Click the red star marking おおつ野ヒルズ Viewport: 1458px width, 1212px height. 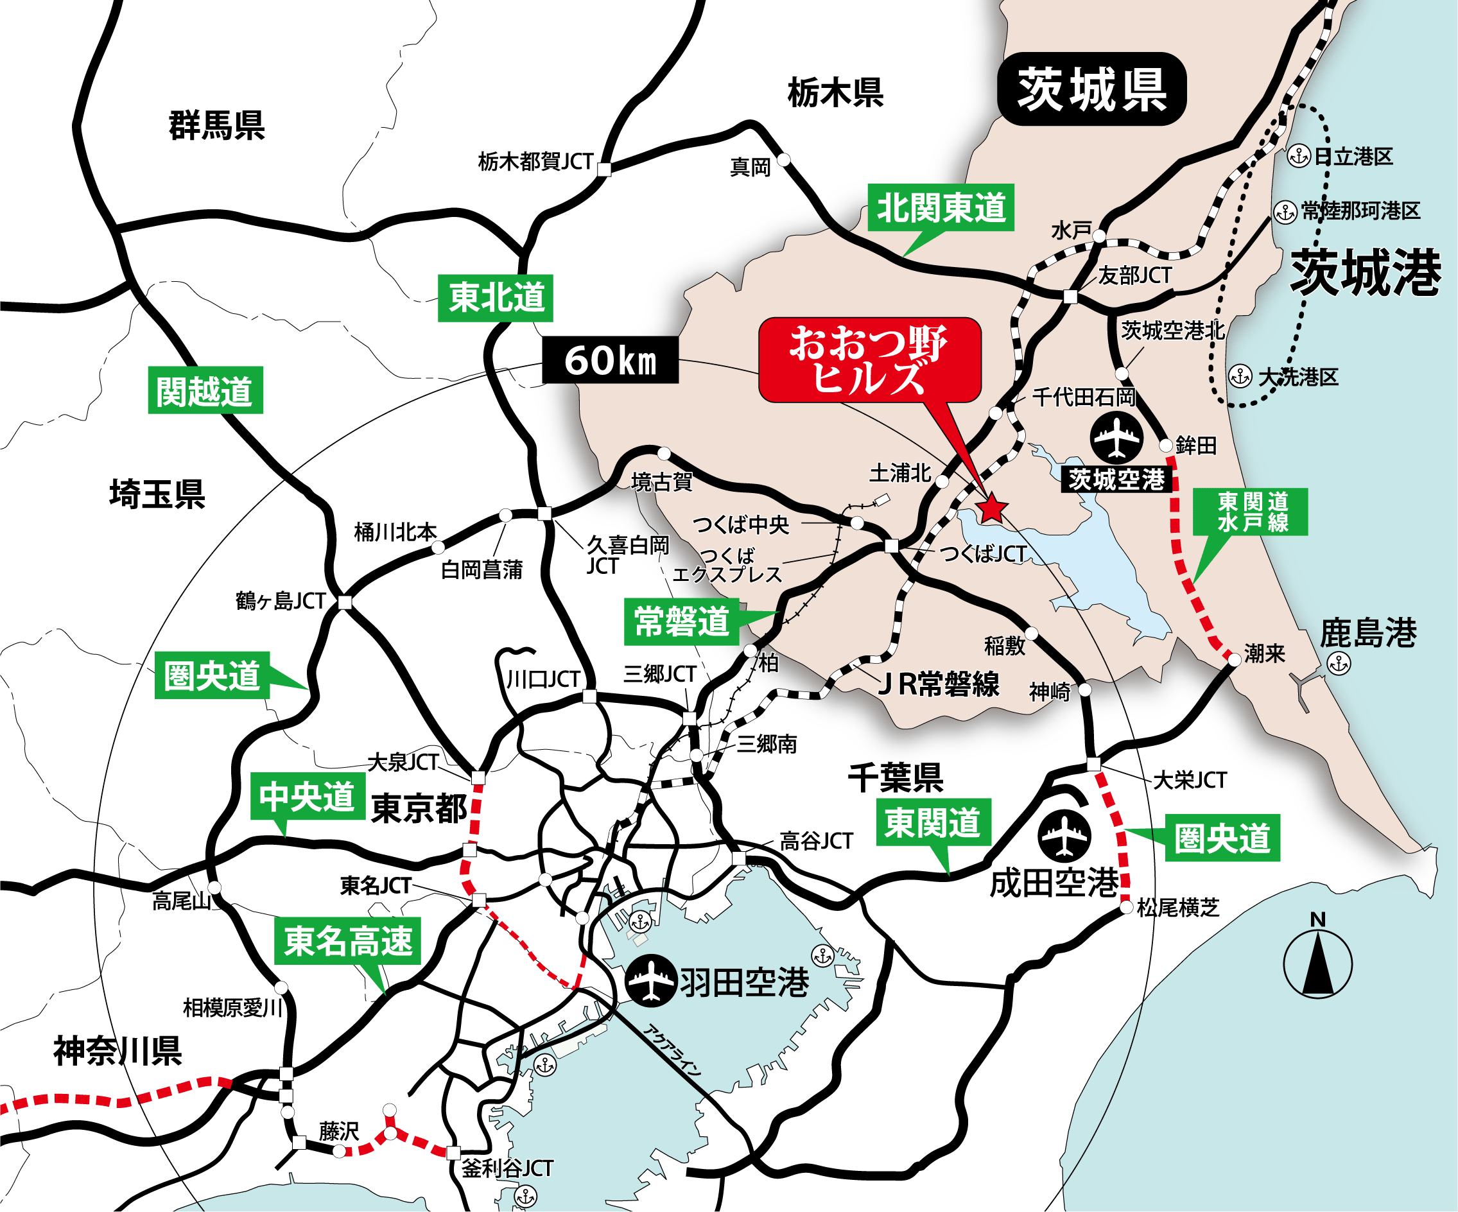[x=992, y=509]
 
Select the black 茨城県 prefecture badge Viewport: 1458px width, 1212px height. [x=1091, y=89]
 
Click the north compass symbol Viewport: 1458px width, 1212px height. [x=1317, y=964]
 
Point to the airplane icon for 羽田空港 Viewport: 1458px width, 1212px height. [x=650, y=980]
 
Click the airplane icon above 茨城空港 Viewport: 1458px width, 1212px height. [x=1116, y=437]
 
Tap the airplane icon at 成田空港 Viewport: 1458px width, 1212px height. [x=1064, y=836]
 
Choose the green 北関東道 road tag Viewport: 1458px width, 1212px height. [x=941, y=207]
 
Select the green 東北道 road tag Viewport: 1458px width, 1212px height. [x=496, y=298]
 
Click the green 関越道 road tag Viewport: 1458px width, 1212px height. [x=205, y=390]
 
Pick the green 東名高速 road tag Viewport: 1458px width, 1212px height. [x=347, y=940]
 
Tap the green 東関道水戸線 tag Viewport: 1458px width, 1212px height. [x=1251, y=512]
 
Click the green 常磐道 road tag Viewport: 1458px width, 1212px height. [x=681, y=621]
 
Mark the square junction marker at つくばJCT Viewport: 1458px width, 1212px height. [x=892, y=546]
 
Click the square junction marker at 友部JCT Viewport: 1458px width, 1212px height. [x=1071, y=297]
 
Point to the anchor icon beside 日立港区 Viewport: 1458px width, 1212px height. [x=1298, y=156]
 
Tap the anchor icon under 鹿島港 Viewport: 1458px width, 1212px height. [x=1339, y=664]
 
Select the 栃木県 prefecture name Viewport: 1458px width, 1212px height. [x=835, y=92]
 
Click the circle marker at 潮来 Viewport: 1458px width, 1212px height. [x=1234, y=660]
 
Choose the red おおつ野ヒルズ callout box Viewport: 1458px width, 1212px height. [x=869, y=359]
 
